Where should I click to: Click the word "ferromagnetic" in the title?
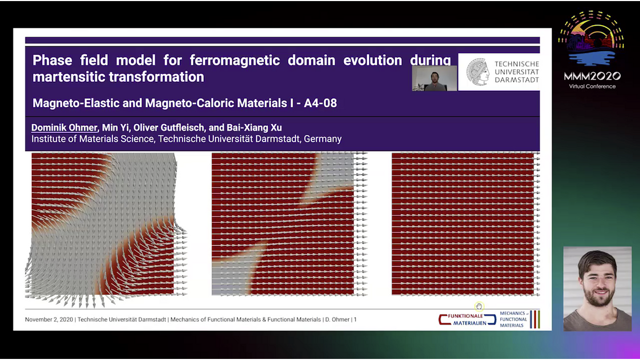pyautogui.click(x=235, y=60)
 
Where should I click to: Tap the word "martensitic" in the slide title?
pyautogui.click(x=69, y=77)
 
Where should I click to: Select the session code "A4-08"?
pyautogui.click(x=321, y=103)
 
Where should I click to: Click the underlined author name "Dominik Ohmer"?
pyautogui.click(x=65, y=127)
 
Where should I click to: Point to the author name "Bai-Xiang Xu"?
pyautogui.click(x=254, y=127)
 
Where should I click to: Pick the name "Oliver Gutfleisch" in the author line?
pyautogui.click(x=170, y=127)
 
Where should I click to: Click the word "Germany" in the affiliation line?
pyautogui.click(x=323, y=139)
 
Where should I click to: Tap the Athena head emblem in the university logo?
pyautogui.click(x=478, y=71)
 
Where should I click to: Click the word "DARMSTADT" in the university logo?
pyautogui.click(x=517, y=79)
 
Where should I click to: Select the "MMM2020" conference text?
pyautogui.click(x=593, y=76)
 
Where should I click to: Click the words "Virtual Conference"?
pyautogui.click(x=593, y=86)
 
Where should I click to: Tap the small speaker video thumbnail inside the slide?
pyautogui.click(x=434, y=78)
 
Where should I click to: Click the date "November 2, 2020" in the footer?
pyautogui.click(x=49, y=319)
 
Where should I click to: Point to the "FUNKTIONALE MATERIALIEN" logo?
pyautogui.click(x=467, y=319)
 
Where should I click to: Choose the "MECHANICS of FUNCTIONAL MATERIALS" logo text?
pyautogui.click(x=514, y=319)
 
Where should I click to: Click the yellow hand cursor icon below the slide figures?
pyautogui.click(x=479, y=307)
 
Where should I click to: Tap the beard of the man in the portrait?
pyautogui.click(x=598, y=298)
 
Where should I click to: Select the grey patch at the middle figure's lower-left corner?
pyautogui.click(x=234, y=271)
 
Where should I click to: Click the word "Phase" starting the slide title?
pyautogui.click(x=52, y=60)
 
